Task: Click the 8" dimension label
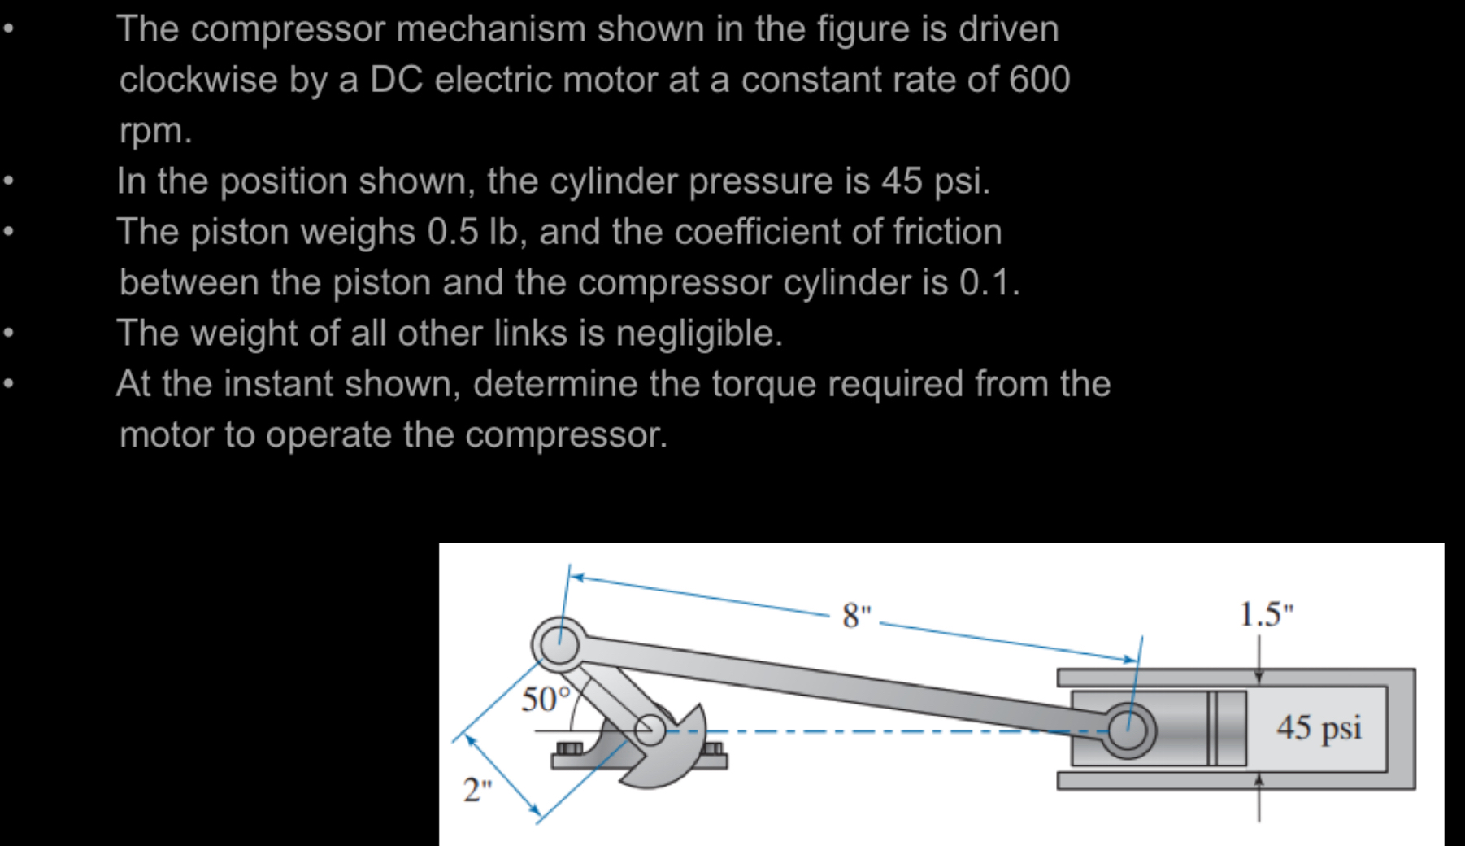tap(855, 615)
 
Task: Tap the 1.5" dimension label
tap(1266, 614)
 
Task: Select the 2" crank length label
tap(477, 789)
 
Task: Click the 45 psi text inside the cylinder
tap(1319, 727)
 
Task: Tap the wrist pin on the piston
tap(1128, 730)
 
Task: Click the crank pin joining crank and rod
tap(559, 645)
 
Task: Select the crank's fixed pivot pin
tap(650, 730)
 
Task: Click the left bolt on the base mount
tap(569, 748)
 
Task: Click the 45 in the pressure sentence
tap(902, 181)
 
